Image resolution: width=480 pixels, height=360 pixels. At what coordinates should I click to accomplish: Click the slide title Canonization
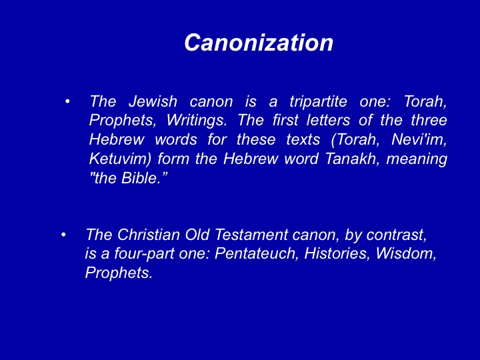(259, 43)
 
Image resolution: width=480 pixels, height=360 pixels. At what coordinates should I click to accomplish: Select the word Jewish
(153, 101)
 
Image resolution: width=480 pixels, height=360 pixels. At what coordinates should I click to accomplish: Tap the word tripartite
(318, 102)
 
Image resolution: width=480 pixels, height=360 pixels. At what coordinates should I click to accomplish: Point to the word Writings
(197, 120)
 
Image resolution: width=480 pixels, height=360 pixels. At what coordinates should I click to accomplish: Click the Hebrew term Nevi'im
(419, 139)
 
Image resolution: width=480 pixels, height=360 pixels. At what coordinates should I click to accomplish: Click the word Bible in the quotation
(140, 178)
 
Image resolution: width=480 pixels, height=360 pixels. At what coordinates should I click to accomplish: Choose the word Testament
(251, 235)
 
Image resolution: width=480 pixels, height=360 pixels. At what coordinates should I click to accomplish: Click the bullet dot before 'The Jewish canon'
(67, 101)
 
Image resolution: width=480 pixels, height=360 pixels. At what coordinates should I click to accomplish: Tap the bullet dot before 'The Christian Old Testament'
(63, 235)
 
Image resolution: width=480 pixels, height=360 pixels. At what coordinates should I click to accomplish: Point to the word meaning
(417, 159)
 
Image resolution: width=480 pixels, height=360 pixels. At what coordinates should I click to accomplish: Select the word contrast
(397, 235)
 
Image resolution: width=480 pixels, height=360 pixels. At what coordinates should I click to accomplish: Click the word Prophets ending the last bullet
(119, 273)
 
